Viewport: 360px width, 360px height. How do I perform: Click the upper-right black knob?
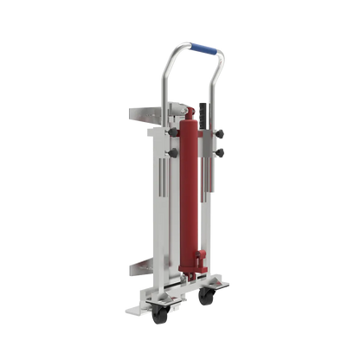221,132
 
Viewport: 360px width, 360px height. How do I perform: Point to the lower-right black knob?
221,153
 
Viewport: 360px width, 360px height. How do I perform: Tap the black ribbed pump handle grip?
206,112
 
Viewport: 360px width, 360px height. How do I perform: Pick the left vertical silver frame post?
159,216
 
